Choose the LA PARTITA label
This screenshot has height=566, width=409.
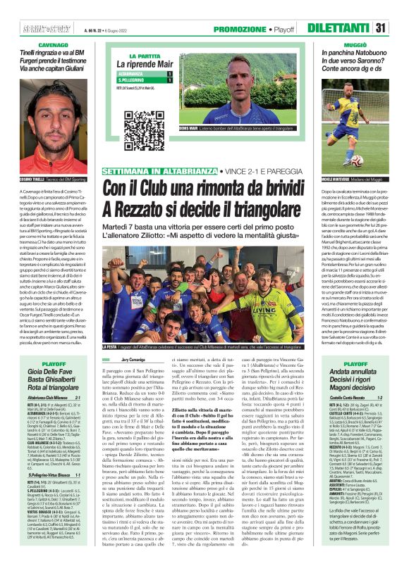pos(144,56)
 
